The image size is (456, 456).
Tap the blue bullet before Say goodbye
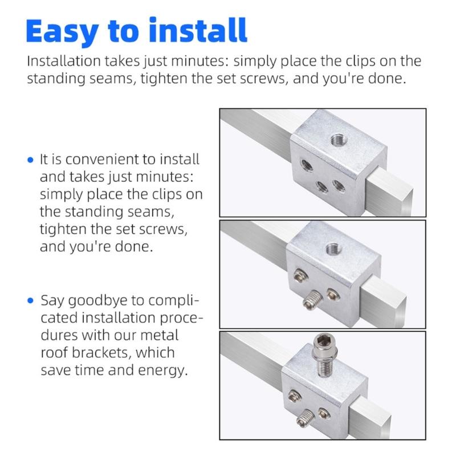coord(31,300)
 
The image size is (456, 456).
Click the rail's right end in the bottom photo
coord(399,422)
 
